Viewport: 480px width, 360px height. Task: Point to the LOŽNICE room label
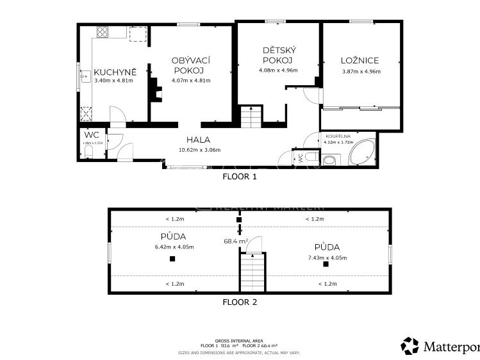(360, 61)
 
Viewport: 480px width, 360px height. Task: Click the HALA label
(198, 140)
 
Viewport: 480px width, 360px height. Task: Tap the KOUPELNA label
(338, 136)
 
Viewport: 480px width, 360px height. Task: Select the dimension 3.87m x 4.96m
(361, 72)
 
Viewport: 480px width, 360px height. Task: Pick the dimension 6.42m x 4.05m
(174, 247)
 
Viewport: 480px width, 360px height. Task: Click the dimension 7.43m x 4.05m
(327, 258)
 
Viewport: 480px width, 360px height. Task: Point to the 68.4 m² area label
(235, 241)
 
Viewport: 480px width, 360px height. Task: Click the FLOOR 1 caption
(239, 176)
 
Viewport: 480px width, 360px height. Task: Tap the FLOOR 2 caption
(239, 301)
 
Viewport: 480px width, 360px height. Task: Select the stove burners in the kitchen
(103, 32)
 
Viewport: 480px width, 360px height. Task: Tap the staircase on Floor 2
(252, 272)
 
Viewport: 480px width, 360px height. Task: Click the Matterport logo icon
(410, 346)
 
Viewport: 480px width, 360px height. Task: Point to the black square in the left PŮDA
(172, 259)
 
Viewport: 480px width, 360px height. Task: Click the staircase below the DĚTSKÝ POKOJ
(251, 118)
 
